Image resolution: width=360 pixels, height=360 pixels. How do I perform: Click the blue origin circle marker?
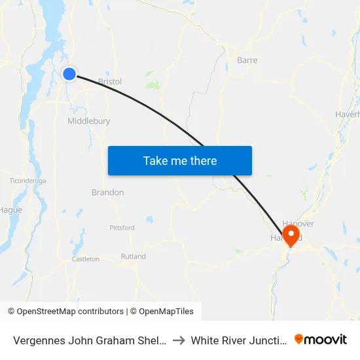pyautogui.click(x=69, y=75)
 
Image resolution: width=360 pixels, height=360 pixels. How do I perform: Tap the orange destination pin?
pyautogui.click(x=290, y=234)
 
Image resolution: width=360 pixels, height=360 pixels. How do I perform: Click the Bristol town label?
pyautogui.click(x=109, y=82)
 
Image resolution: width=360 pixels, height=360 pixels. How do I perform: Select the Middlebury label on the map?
pyautogui.click(x=88, y=121)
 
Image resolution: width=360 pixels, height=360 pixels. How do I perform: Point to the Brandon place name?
pyautogui.click(x=107, y=192)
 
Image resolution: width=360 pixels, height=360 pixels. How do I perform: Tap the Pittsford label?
pyautogui.click(x=122, y=228)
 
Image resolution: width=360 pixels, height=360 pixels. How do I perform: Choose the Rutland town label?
pyautogui.click(x=134, y=257)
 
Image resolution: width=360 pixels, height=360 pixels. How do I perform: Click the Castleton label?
pyautogui.click(x=86, y=259)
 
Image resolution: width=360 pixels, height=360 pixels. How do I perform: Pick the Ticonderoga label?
pyautogui.click(x=27, y=180)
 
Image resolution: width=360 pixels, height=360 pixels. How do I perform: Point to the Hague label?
pyautogui.click(x=10, y=210)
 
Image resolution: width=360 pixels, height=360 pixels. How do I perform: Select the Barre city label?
pyautogui.click(x=247, y=60)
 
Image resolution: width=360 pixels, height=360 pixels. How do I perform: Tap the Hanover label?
pyautogui.click(x=298, y=224)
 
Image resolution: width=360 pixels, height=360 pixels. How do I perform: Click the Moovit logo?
pyautogui.click(x=320, y=339)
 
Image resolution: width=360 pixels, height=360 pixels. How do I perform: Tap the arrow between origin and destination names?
pyautogui.click(x=179, y=340)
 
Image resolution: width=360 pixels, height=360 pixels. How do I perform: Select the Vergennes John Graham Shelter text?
pyautogui.click(x=90, y=340)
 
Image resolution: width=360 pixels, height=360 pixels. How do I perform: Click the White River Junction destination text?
pyautogui.click(x=239, y=340)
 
